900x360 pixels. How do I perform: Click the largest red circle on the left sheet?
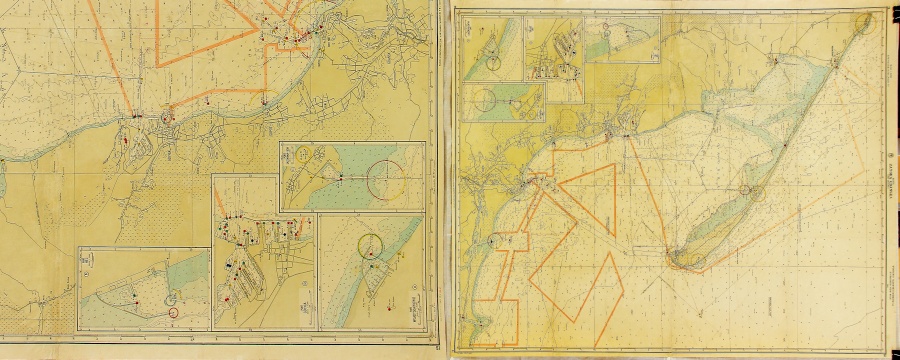(x=385, y=179)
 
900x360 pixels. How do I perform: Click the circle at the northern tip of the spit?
(x=866, y=20)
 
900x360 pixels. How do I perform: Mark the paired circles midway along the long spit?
(x=746, y=190)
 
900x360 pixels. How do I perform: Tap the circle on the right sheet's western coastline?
(x=498, y=239)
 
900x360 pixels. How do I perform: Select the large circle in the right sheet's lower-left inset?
(x=485, y=99)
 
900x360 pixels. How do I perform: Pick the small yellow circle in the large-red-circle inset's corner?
(x=300, y=155)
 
